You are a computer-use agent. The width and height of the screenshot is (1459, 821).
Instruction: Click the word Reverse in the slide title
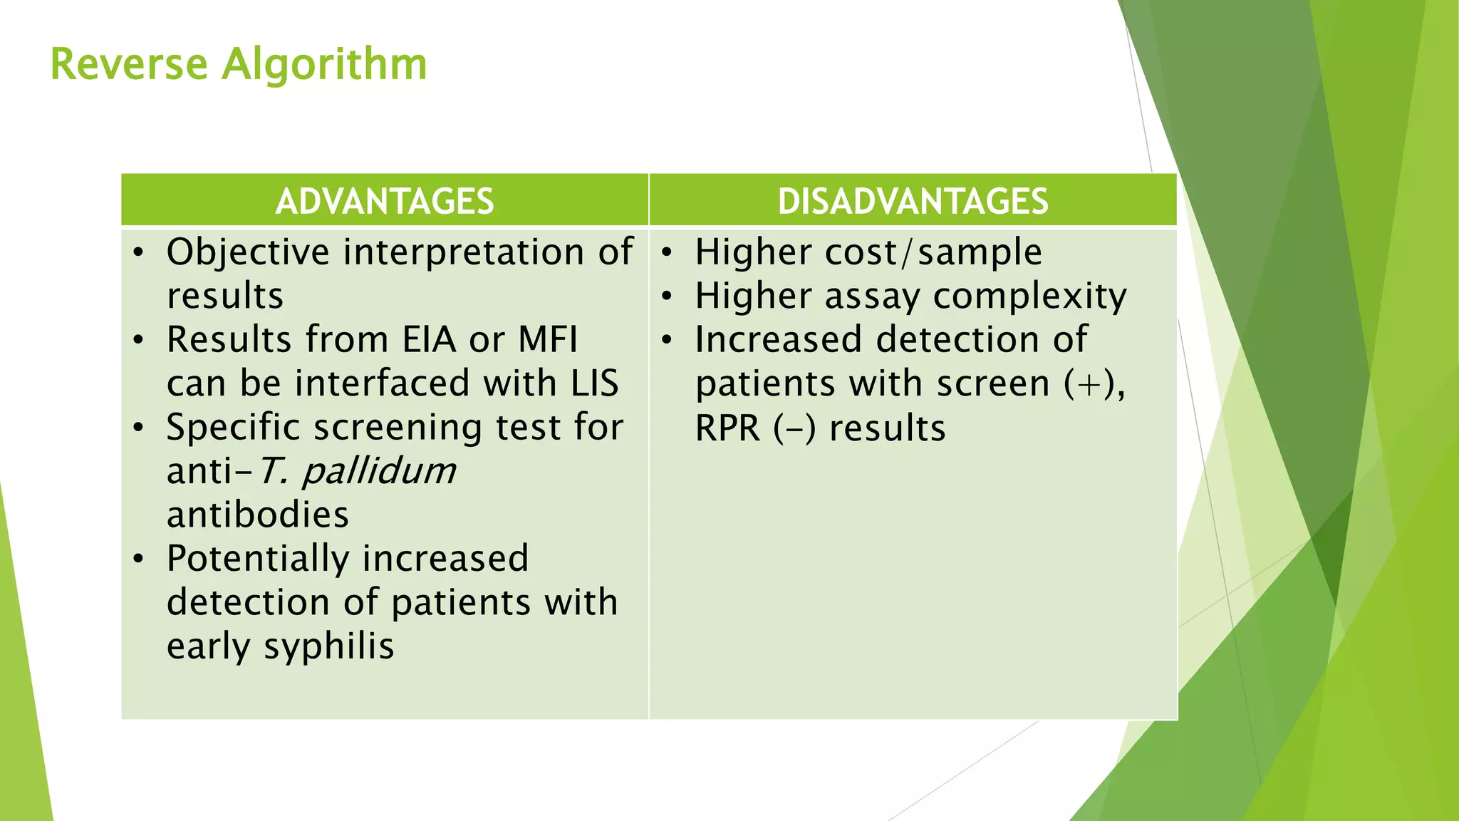point(129,64)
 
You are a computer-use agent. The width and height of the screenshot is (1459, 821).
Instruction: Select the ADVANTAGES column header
point(385,201)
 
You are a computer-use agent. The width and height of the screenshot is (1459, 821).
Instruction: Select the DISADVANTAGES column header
point(913,201)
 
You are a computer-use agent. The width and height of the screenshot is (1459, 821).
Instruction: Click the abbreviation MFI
point(547,340)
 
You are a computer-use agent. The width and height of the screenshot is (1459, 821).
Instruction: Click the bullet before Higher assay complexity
point(667,296)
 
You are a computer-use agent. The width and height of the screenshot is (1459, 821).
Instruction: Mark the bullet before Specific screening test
point(138,428)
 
